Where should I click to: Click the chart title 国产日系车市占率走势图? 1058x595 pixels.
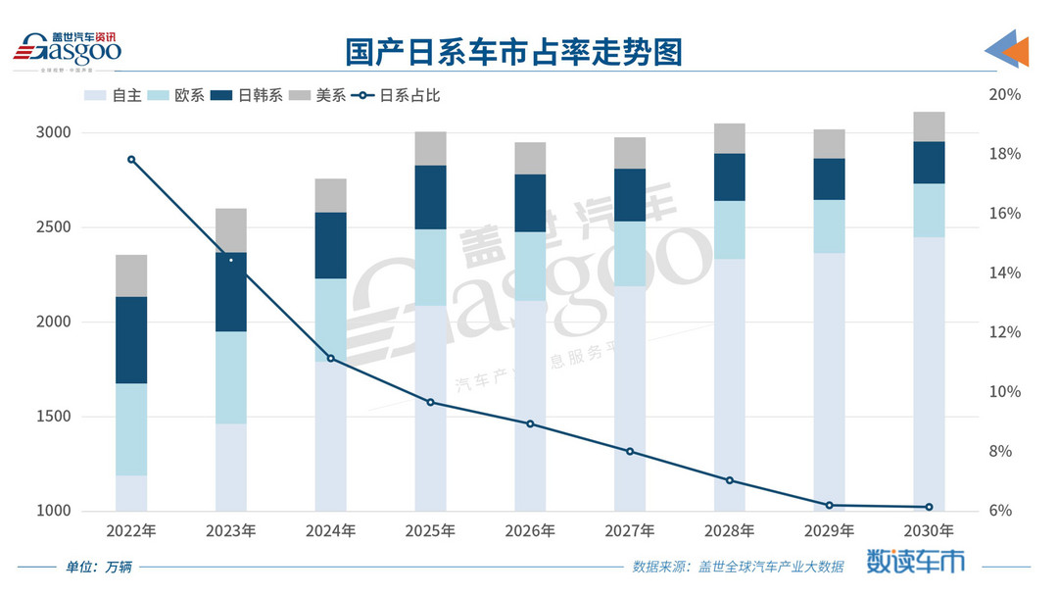pyautogui.click(x=513, y=51)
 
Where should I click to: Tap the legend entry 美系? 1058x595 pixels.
pyautogui.click(x=322, y=96)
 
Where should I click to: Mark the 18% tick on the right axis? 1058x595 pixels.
pyautogui.click(x=1005, y=154)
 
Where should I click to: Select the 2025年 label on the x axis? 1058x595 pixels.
pyautogui.click(x=430, y=531)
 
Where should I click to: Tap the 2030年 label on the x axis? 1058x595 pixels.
pyautogui.click(x=929, y=531)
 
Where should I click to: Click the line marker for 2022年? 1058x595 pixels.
pyautogui.click(x=131, y=160)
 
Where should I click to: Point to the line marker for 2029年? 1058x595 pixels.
pyautogui.click(x=829, y=505)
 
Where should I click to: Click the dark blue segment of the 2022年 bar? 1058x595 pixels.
pyautogui.click(x=131, y=339)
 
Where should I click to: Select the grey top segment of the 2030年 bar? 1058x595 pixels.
pyautogui.click(x=929, y=126)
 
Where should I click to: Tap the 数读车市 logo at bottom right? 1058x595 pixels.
pyautogui.click(x=915, y=561)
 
